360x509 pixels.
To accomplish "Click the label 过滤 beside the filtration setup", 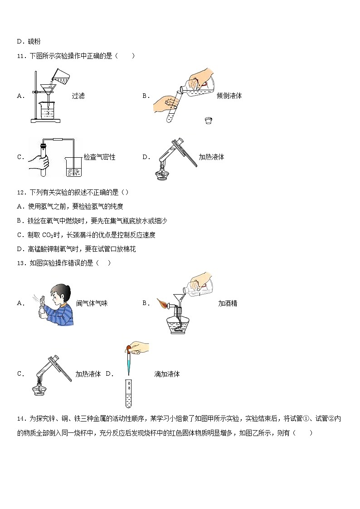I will (78, 96).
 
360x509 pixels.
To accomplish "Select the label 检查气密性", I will (99, 157).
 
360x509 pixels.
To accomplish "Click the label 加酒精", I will (228, 303).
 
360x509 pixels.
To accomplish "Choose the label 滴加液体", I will (167, 374).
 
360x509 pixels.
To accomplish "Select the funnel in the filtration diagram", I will (46, 87).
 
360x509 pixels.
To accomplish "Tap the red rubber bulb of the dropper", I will (129, 348).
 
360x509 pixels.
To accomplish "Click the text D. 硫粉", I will (28, 41).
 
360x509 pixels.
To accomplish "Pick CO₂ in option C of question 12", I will (49, 235).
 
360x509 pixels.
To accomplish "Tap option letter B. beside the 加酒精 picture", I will (146, 303).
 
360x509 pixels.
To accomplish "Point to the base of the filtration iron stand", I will (45, 121).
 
